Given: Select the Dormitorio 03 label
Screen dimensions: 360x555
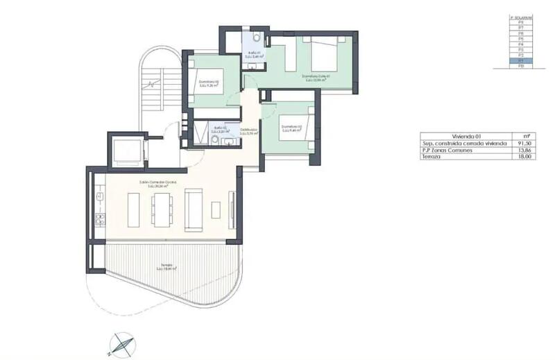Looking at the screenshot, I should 291,127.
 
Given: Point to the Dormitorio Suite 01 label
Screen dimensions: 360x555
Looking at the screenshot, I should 314,77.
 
